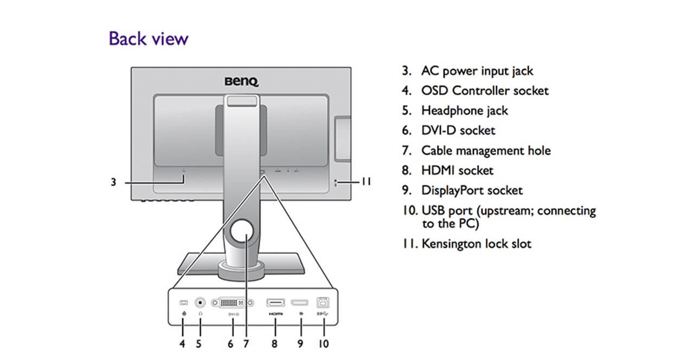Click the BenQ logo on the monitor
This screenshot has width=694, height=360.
click(242, 81)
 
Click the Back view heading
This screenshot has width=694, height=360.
click(149, 39)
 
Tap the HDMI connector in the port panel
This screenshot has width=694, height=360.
click(275, 303)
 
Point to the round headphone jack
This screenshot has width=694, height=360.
click(201, 303)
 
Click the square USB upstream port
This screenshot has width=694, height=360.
click(324, 303)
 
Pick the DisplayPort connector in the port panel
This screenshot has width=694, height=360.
click(299, 303)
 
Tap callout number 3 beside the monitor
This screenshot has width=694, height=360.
click(113, 183)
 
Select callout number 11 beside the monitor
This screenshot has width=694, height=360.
click(366, 182)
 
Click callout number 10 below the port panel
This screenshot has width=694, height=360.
click(323, 344)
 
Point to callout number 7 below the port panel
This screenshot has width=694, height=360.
click(246, 344)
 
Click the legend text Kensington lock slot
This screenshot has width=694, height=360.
click(477, 244)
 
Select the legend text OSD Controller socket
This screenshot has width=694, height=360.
click(485, 91)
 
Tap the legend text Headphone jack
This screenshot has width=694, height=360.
click(465, 111)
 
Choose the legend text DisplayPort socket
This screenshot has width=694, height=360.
click(472, 191)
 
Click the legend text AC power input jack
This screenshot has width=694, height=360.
click(477, 71)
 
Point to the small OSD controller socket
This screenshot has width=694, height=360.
click(183, 302)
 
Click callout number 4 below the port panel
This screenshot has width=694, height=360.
click(183, 344)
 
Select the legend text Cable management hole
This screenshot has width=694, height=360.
click(486, 151)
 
